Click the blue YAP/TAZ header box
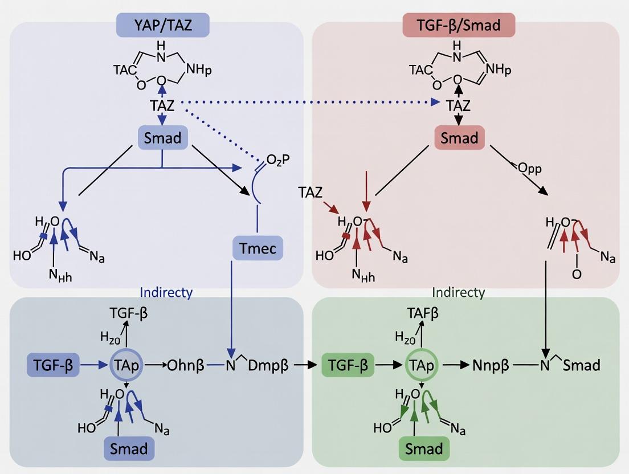(162, 26)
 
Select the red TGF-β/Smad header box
(459, 26)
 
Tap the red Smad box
(459, 138)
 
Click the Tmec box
(258, 248)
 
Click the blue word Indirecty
(166, 292)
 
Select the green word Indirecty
(459, 292)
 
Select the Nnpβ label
(491, 365)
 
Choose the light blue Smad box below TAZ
(162, 138)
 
